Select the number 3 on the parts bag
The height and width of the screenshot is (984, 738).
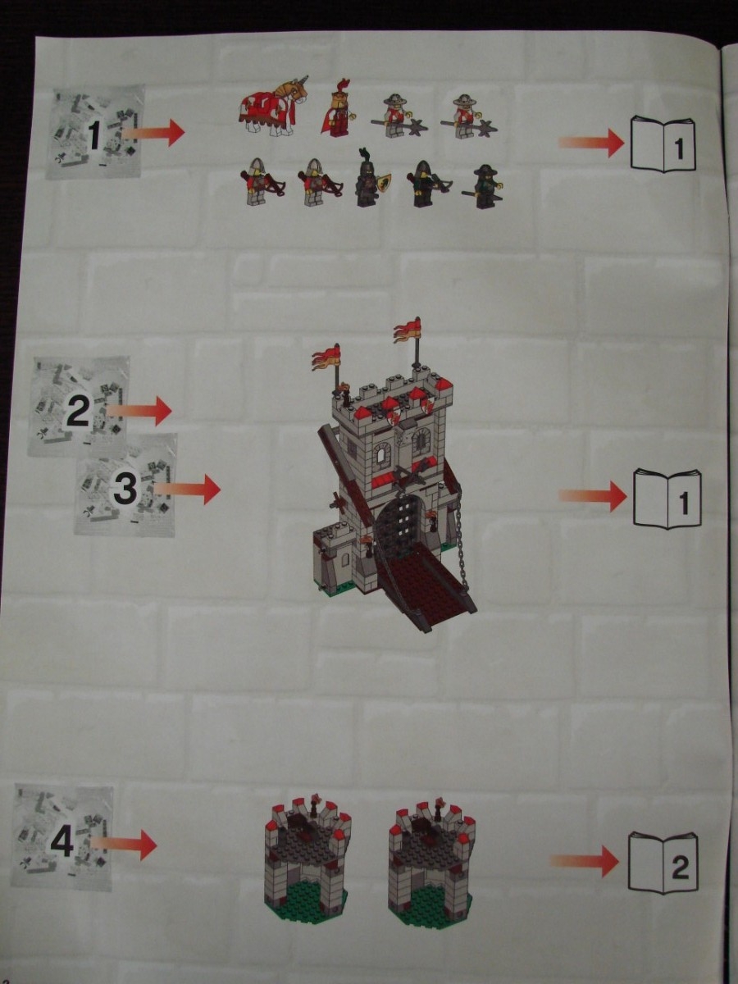(125, 489)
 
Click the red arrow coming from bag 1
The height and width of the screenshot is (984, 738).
(153, 132)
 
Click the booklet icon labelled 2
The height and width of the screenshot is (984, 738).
(663, 855)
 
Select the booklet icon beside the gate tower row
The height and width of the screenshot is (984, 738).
(667, 499)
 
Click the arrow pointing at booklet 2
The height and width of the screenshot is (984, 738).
(584, 858)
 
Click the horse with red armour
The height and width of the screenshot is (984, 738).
(272, 107)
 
